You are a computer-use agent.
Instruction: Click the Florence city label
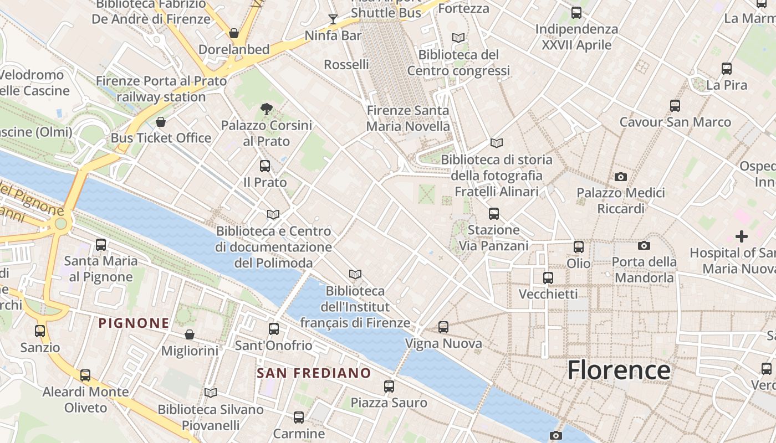pyautogui.click(x=619, y=370)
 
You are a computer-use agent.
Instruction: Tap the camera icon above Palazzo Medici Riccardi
pyautogui.click(x=621, y=177)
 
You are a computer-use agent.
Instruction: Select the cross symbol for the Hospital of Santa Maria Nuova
pyautogui.click(x=741, y=236)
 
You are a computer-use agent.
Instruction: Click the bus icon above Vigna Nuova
pyautogui.click(x=443, y=327)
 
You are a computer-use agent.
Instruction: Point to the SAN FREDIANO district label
pyautogui.click(x=314, y=373)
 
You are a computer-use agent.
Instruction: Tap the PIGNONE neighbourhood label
pyautogui.click(x=134, y=323)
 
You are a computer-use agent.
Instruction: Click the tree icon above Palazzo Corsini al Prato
pyautogui.click(x=267, y=109)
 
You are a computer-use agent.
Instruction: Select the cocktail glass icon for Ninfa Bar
pyautogui.click(x=333, y=20)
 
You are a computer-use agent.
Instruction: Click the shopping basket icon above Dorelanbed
pyautogui.click(x=234, y=33)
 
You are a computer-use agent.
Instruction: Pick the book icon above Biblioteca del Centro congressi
pyautogui.click(x=458, y=38)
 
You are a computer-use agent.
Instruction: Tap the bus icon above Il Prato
pyautogui.click(x=265, y=166)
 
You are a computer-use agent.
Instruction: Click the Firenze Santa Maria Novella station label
pyautogui.click(x=408, y=119)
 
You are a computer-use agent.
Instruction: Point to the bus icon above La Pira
pyautogui.click(x=727, y=69)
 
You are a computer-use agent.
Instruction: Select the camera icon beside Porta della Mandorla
pyautogui.click(x=644, y=245)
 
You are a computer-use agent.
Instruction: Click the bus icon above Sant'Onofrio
pyautogui.click(x=274, y=329)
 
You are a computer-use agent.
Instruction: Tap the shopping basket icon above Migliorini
pyautogui.click(x=190, y=334)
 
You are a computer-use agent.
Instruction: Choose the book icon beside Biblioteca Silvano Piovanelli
pyautogui.click(x=211, y=393)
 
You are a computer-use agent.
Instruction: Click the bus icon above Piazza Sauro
pyautogui.click(x=389, y=387)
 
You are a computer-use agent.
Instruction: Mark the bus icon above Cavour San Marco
pyautogui.click(x=675, y=105)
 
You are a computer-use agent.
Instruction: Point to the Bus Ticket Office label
pyautogui.click(x=161, y=138)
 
